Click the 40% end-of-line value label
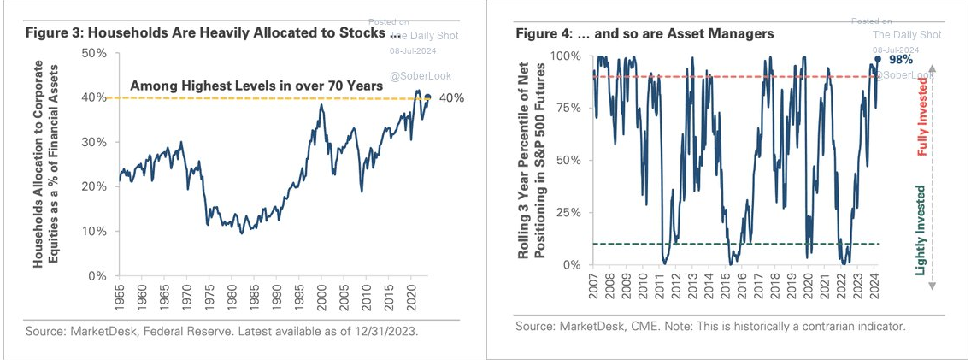pyautogui.click(x=451, y=98)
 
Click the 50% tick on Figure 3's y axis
pyautogui.click(x=94, y=53)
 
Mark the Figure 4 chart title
pyautogui.click(x=644, y=33)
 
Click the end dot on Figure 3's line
pyautogui.click(x=427, y=97)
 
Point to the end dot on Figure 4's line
pyautogui.click(x=877, y=59)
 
